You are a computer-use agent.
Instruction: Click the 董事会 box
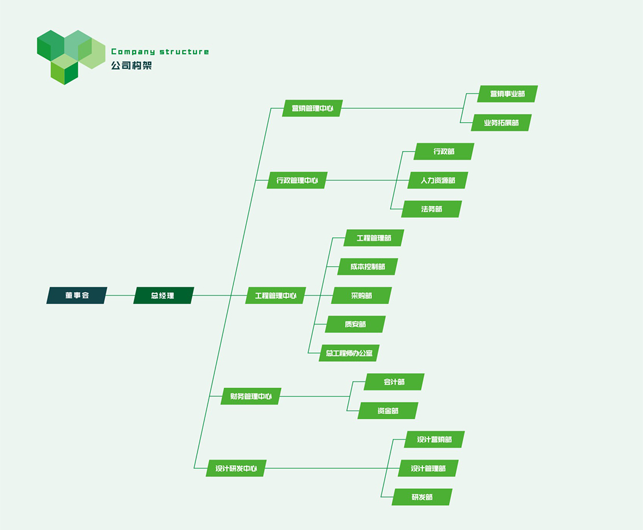click(x=76, y=295)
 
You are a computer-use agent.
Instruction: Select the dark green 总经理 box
click(x=163, y=295)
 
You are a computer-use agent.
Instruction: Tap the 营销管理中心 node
click(x=312, y=108)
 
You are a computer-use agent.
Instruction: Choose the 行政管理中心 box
click(x=297, y=180)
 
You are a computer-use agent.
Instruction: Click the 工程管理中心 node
click(x=275, y=295)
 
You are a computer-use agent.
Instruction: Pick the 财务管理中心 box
click(x=251, y=396)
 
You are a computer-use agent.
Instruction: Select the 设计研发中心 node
click(x=236, y=468)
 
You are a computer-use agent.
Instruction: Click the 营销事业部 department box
click(x=507, y=94)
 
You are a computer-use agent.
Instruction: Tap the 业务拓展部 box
click(x=501, y=123)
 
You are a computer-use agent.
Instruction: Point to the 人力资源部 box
click(x=437, y=180)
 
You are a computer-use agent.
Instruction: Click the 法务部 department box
click(x=432, y=209)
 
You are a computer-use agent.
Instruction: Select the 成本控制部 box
click(x=367, y=267)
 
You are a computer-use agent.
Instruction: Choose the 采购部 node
click(x=361, y=295)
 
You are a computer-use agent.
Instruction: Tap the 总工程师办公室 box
click(x=349, y=353)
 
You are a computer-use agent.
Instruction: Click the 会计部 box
click(x=394, y=382)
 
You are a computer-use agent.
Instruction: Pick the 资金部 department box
click(x=388, y=411)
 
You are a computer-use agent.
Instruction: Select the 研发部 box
click(x=422, y=497)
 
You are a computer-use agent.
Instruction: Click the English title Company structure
click(x=160, y=52)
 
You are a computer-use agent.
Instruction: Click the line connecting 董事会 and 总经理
click(x=120, y=295)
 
